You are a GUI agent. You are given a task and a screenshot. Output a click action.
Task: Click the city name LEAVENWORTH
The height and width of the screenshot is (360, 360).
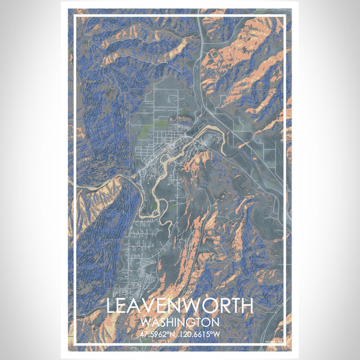[x=180, y=305]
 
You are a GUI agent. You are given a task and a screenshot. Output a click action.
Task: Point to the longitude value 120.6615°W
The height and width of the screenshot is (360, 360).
[x=202, y=333]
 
